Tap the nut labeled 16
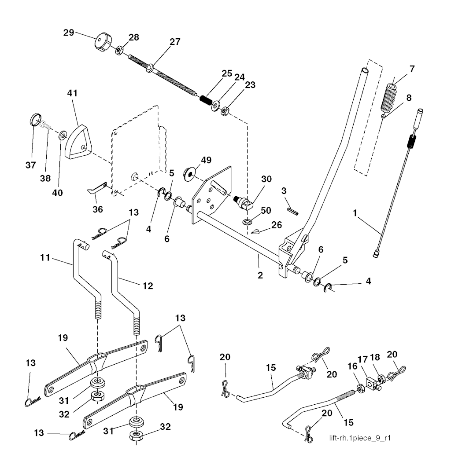[359, 388]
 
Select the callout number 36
[97, 209]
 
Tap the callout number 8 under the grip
[409, 98]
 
